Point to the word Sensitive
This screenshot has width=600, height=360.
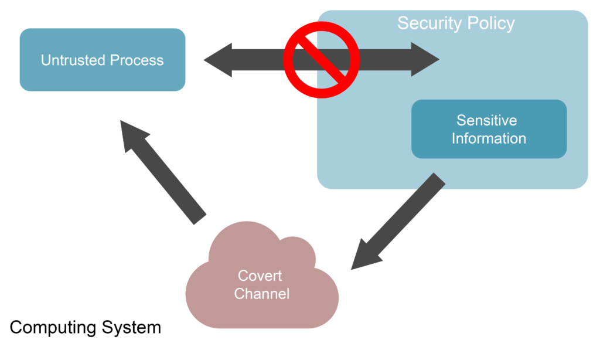point(487,121)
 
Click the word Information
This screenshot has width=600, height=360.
point(489,138)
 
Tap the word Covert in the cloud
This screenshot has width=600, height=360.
point(260,276)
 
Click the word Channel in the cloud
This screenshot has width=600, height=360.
point(261,293)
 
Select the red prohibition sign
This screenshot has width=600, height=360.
point(321,59)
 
